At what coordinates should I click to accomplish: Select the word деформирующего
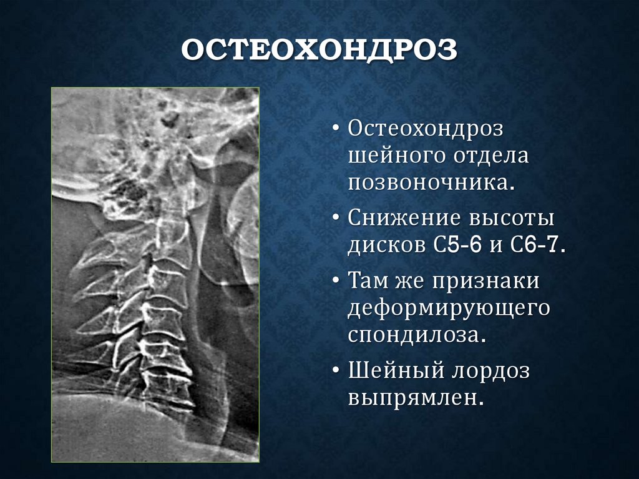coord(449,308)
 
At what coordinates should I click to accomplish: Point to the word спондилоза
coord(416,335)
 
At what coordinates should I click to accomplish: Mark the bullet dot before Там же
coord(336,282)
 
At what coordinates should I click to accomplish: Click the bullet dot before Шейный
coord(336,372)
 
